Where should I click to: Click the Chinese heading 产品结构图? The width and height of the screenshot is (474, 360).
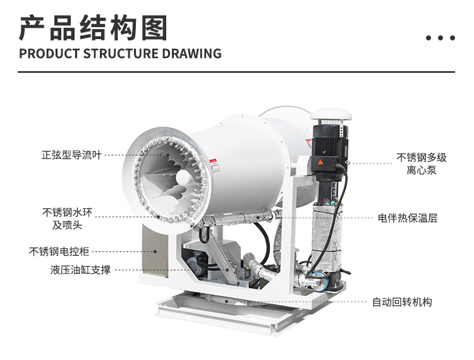(93, 28)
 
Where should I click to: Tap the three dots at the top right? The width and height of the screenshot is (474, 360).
(441, 38)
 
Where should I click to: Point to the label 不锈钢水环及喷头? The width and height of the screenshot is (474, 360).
(67, 219)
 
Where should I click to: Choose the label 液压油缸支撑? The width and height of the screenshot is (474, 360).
(80, 270)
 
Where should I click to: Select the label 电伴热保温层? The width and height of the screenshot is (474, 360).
(408, 218)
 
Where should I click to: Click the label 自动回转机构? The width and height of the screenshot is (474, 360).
(402, 302)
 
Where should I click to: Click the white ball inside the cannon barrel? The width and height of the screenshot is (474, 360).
(183, 179)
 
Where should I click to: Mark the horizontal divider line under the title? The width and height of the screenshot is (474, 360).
(236, 71)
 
